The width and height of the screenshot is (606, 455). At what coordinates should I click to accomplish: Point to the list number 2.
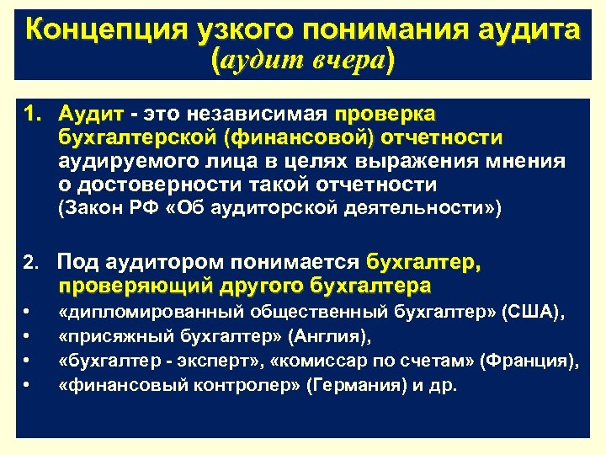pos(31,264)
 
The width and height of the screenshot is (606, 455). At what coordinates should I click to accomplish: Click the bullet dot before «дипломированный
pos(29,313)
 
